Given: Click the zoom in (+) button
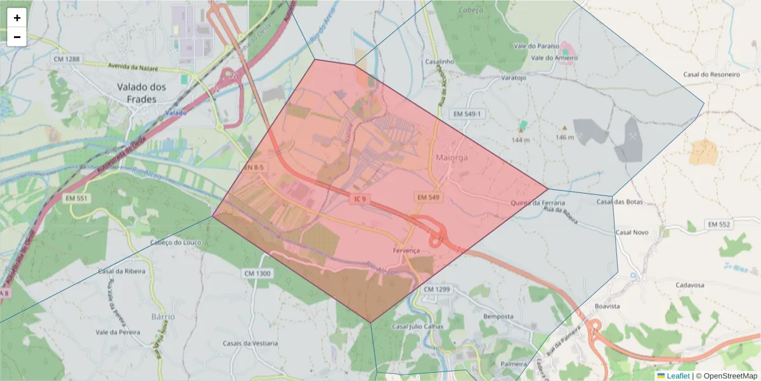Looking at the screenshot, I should [17, 18].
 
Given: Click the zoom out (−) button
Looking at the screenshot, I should [17, 37].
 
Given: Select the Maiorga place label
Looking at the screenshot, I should [452, 157].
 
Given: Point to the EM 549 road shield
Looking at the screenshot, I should [428, 197].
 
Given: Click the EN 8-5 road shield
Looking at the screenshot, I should [254, 168].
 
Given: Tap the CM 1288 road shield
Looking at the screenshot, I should [67, 59].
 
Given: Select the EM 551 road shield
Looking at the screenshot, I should [77, 199].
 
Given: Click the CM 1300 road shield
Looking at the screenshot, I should [257, 274].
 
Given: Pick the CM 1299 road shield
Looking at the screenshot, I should [436, 290].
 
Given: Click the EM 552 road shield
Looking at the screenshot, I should [719, 225].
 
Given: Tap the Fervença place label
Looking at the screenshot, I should [406, 251].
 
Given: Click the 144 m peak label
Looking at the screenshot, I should [520, 140].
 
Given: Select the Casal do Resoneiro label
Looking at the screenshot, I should [712, 75].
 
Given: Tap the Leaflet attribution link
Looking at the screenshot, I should [678, 376].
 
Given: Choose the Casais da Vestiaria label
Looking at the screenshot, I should [250, 344].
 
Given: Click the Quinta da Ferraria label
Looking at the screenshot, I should [533, 203].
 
